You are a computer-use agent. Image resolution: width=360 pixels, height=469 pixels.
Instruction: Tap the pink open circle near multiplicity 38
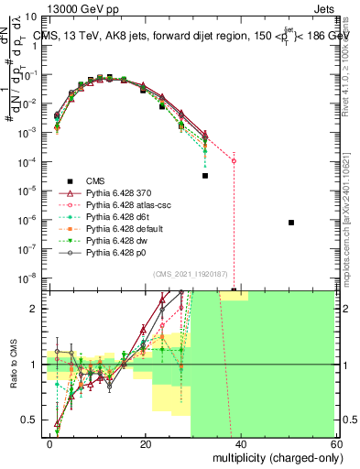coord(234,161)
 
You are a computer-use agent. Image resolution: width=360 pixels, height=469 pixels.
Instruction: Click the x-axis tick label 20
coord(146,442)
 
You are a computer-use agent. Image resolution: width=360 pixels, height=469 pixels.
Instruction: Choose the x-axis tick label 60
coord(335,442)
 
